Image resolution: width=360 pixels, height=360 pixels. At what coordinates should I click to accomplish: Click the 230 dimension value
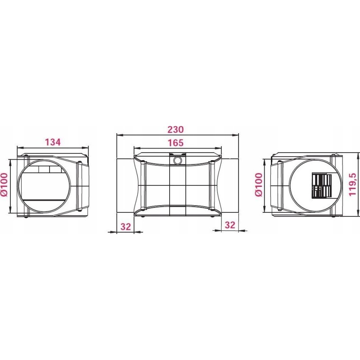coord(175,130)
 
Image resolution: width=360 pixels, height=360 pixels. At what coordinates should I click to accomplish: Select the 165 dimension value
coord(175,143)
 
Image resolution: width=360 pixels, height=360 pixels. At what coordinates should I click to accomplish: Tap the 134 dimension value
coord(53,142)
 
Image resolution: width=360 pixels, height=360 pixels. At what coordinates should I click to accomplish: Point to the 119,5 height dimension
coord(352,184)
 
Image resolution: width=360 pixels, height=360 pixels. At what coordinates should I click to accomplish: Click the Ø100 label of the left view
coord(4,184)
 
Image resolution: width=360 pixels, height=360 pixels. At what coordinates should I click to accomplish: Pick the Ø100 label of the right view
coord(258,184)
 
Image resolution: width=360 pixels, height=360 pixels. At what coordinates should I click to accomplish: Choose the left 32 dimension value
coord(126,226)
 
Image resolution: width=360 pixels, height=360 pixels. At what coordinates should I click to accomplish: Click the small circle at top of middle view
coord(177,160)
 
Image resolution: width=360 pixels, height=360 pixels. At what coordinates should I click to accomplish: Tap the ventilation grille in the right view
coord(321,186)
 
